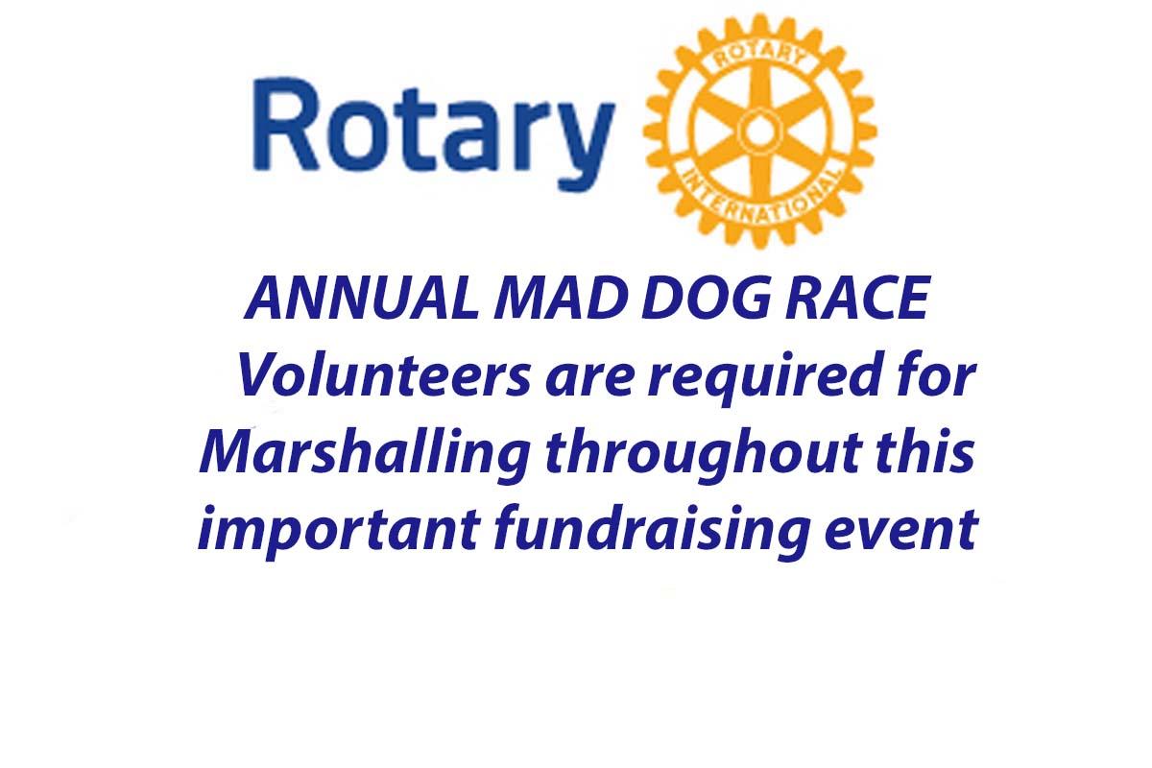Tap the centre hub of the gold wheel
coord(759,132)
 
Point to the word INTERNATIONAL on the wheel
coord(760,197)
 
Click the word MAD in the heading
coord(561,299)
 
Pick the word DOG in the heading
coord(707,299)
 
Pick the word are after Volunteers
coord(589,381)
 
